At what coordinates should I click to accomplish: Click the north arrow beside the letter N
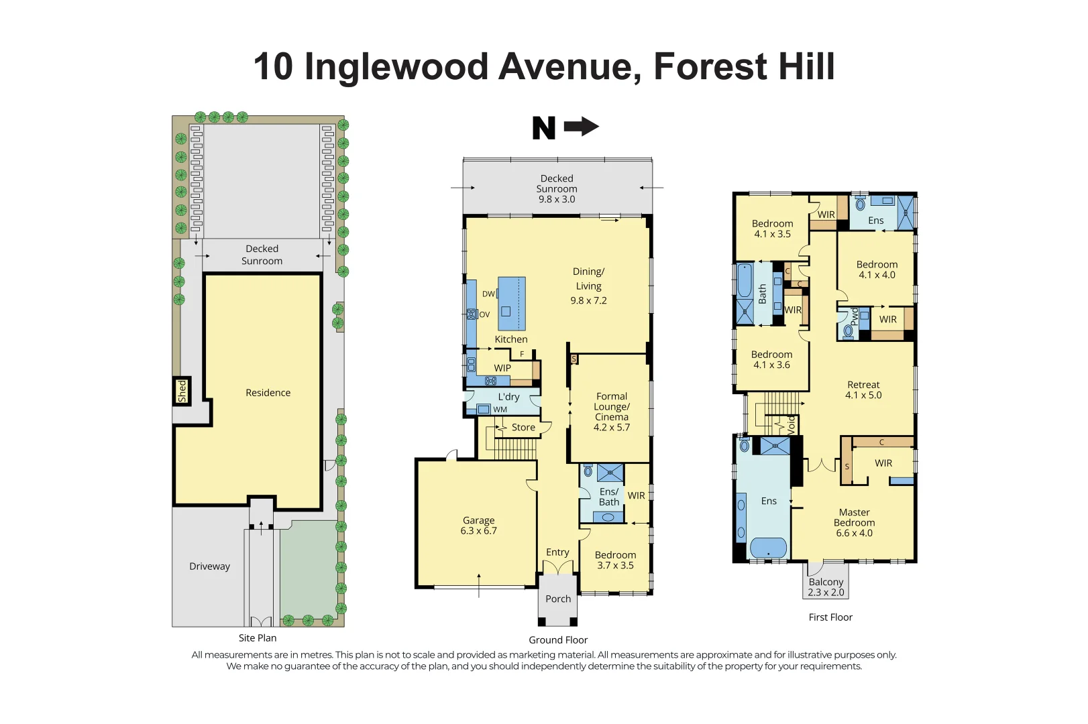tap(581, 127)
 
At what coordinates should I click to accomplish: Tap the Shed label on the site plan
tap(182, 391)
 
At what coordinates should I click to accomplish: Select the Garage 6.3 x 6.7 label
tap(478, 526)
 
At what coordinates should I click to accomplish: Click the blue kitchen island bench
tap(512, 303)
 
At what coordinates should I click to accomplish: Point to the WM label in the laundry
tap(500, 410)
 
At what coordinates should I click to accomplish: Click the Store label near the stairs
tap(523, 428)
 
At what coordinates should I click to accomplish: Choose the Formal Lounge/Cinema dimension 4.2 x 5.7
tap(612, 428)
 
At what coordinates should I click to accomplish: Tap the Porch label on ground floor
tap(558, 599)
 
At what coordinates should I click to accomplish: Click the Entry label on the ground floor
tap(557, 552)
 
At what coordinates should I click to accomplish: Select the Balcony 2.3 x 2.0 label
tap(826, 587)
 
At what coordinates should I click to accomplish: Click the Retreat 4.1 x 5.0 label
tap(863, 390)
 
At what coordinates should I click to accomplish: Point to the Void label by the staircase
tap(792, 424)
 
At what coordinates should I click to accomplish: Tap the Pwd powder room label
tap(855, 316)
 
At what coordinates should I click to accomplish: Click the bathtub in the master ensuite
tap(768, 548)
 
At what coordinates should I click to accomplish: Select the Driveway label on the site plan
tap(209, 566)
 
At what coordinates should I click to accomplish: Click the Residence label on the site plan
tap(268, 393)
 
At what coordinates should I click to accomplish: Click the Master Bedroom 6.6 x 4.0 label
tap(854, 523)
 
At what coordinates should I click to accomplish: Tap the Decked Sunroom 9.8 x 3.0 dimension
tap(557, 199)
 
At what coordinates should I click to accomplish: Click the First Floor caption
tap(830, 617)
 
